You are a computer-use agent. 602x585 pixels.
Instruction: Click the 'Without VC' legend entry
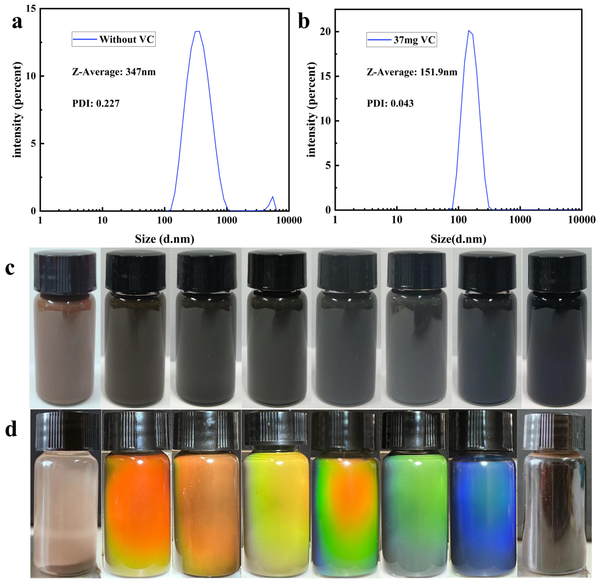pyautogui.click(x=114, y=39)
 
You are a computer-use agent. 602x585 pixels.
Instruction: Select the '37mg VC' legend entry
pyautogui.click(x=401, y=40)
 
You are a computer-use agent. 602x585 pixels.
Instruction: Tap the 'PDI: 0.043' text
pyautogui.click(x=390, y=103)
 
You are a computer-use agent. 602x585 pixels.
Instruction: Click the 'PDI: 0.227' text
pyautogui.click(x=96, y=103)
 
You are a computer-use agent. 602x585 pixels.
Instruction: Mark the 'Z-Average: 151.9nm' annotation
pyautogui.click(x=412, y=72)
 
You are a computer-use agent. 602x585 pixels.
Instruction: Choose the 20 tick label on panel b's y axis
pyautogui.click(x=325, y=32)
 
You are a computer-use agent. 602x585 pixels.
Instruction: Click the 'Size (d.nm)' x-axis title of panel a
pyautogui.click(x=164, y=239)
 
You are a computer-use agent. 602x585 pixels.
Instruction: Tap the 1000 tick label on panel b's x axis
pyautogui.click(x=520, y=220)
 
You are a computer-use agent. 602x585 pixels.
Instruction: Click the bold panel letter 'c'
pyautogui.click(x=10, y=268)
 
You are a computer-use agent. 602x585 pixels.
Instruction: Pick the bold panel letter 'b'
pyautogui.click(x=304, y=22)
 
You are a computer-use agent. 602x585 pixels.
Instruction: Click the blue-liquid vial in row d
pyautogui.click(x=483, y=511)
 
